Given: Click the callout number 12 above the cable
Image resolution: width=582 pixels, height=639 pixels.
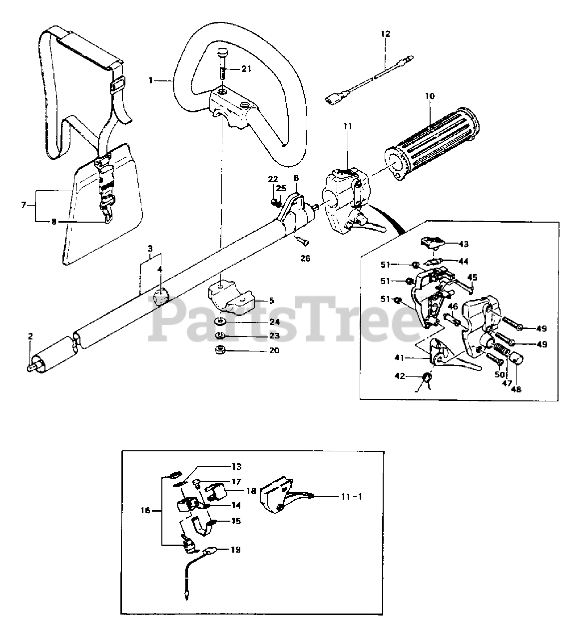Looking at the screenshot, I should tap(385, 34).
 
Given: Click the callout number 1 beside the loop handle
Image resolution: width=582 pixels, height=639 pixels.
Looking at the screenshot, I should tap(150, 80).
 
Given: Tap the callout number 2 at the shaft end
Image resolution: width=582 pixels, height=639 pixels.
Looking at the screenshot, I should tap(30, 336).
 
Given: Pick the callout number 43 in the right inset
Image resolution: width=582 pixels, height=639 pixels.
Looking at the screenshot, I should tap(463, 244).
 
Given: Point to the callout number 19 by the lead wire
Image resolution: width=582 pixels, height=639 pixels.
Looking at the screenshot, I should tap(235, 550).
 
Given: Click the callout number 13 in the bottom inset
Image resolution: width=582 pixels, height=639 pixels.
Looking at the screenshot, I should tap(236, 467).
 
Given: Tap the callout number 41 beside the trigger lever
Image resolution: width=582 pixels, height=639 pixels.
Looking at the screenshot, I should tap(399, 357).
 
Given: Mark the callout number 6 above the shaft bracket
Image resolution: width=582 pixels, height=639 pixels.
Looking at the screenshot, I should tap(296, 178).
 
